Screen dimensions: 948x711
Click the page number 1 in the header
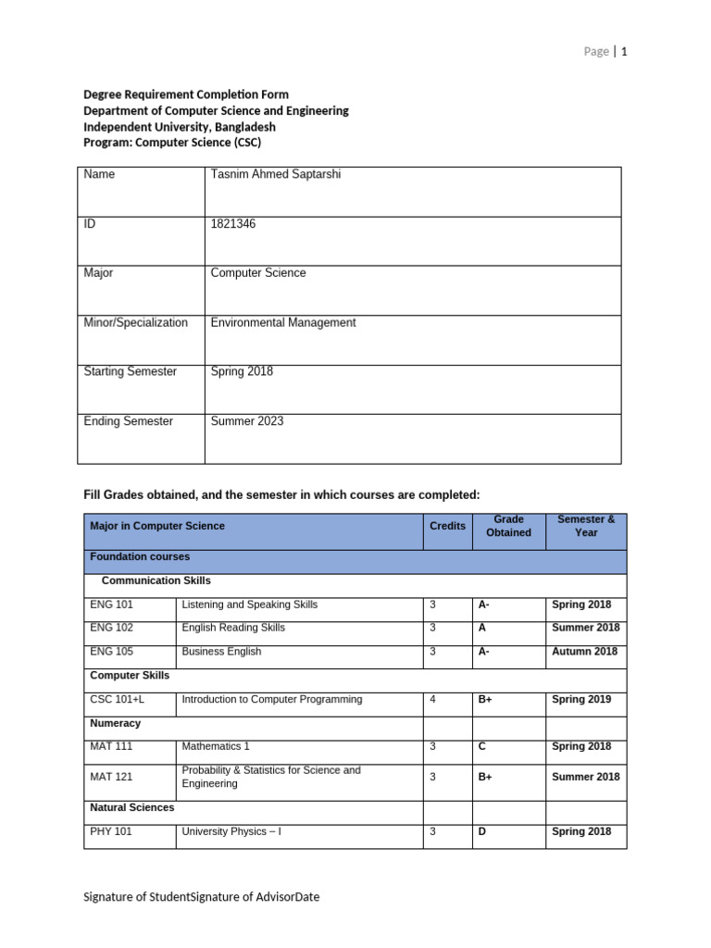pos(624,52)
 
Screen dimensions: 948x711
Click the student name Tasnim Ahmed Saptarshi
pos(275,174)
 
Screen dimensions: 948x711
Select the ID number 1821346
pos(233,224)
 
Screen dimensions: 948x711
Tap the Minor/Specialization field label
pos(135,323)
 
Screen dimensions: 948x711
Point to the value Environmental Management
pos(282,323)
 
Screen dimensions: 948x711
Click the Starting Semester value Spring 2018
pos(242,372)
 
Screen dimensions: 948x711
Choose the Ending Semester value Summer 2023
pos(247,421)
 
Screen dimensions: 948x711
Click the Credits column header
pos(447,526)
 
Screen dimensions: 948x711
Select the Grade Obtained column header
pos(508,526)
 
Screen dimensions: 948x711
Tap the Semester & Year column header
pos(585,526)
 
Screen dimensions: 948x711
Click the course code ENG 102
pos(111,628)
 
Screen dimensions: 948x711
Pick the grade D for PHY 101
pos(481,831)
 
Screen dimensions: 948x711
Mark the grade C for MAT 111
pos(482,746)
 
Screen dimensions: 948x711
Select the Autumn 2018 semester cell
pos(584,652)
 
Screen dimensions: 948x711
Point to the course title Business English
pos(221,652)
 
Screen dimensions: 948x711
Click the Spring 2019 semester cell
pos(581,700)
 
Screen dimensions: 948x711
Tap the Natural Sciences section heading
pos(131,808)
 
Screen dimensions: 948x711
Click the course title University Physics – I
pos(231,831)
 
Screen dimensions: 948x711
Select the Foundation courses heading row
pos(140,557)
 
